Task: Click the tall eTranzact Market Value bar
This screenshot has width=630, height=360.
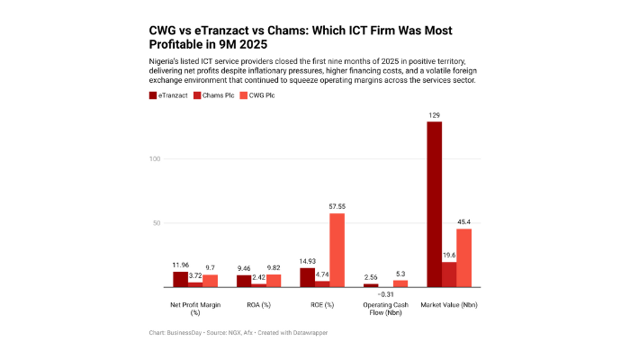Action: (434, 204)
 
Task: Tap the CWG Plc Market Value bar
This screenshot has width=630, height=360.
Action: (463, 257)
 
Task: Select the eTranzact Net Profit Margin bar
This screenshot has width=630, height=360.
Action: (181, 279)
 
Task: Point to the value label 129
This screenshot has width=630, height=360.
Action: (434, 115)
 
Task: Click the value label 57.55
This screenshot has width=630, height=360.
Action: (337, 207)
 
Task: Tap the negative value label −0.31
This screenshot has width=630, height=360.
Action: (385, 294)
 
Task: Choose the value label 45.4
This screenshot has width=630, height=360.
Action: (464, 222)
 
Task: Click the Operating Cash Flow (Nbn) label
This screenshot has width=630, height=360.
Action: (384, 310)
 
